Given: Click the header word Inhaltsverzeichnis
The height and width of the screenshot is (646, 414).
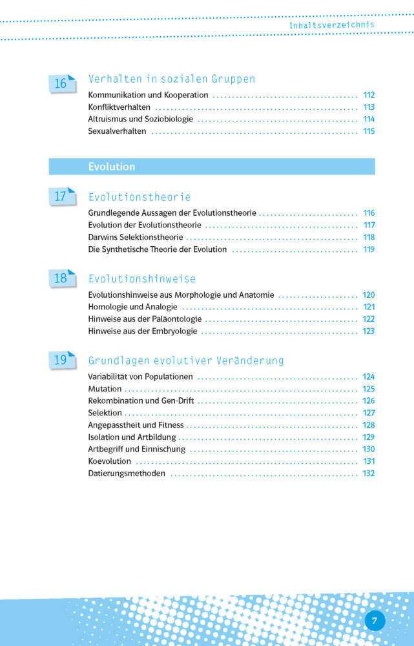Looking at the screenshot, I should tap(331, 25).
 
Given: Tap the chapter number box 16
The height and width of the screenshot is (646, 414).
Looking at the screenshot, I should tap(61, 83).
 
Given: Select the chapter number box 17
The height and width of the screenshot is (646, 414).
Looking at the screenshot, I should tap(61, 196).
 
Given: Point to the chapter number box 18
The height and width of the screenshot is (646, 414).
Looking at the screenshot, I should tap(61, 278).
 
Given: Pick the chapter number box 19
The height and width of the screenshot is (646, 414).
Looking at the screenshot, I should tap(61, 360).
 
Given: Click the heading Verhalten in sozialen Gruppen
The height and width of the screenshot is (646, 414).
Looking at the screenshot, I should tap(171, 79).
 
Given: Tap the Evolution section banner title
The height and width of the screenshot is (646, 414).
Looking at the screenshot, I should tap(112, 167).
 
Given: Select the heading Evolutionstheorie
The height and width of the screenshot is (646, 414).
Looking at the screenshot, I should tap(140, 197).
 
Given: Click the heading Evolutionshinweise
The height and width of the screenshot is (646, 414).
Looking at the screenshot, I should tap(142, 279).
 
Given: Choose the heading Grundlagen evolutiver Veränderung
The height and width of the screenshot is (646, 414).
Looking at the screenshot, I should tap(186, 360).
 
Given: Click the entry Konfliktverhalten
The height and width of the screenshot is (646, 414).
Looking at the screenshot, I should tap(119, 107).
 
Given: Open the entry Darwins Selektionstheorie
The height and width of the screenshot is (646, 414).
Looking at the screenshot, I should tap(136, 237).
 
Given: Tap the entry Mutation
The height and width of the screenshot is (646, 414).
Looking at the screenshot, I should tap(105, 389).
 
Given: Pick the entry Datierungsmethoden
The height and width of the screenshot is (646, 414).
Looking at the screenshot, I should tap(127, 474).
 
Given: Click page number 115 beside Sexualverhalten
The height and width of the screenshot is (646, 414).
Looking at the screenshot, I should tap(369, 132).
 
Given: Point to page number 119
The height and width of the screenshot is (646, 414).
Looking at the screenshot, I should tap(369, 249).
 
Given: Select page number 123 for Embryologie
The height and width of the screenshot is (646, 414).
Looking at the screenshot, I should tap(369, 331).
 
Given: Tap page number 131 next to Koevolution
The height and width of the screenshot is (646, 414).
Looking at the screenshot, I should tap(369, 461).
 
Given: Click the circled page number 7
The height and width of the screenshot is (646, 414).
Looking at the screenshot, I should tap(375, 621).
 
